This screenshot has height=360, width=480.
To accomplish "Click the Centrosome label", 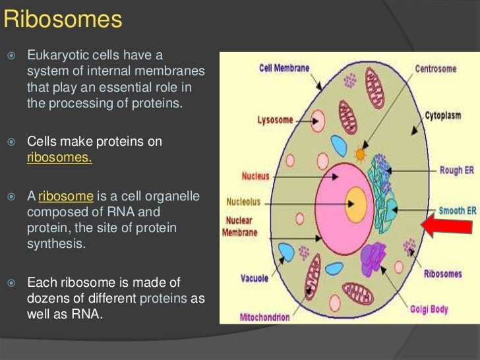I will (439, 67).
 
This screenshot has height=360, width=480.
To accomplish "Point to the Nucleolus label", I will (242, 202).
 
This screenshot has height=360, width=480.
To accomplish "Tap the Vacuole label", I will (255, 279).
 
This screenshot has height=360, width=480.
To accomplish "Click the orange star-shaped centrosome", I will (360, 156).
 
